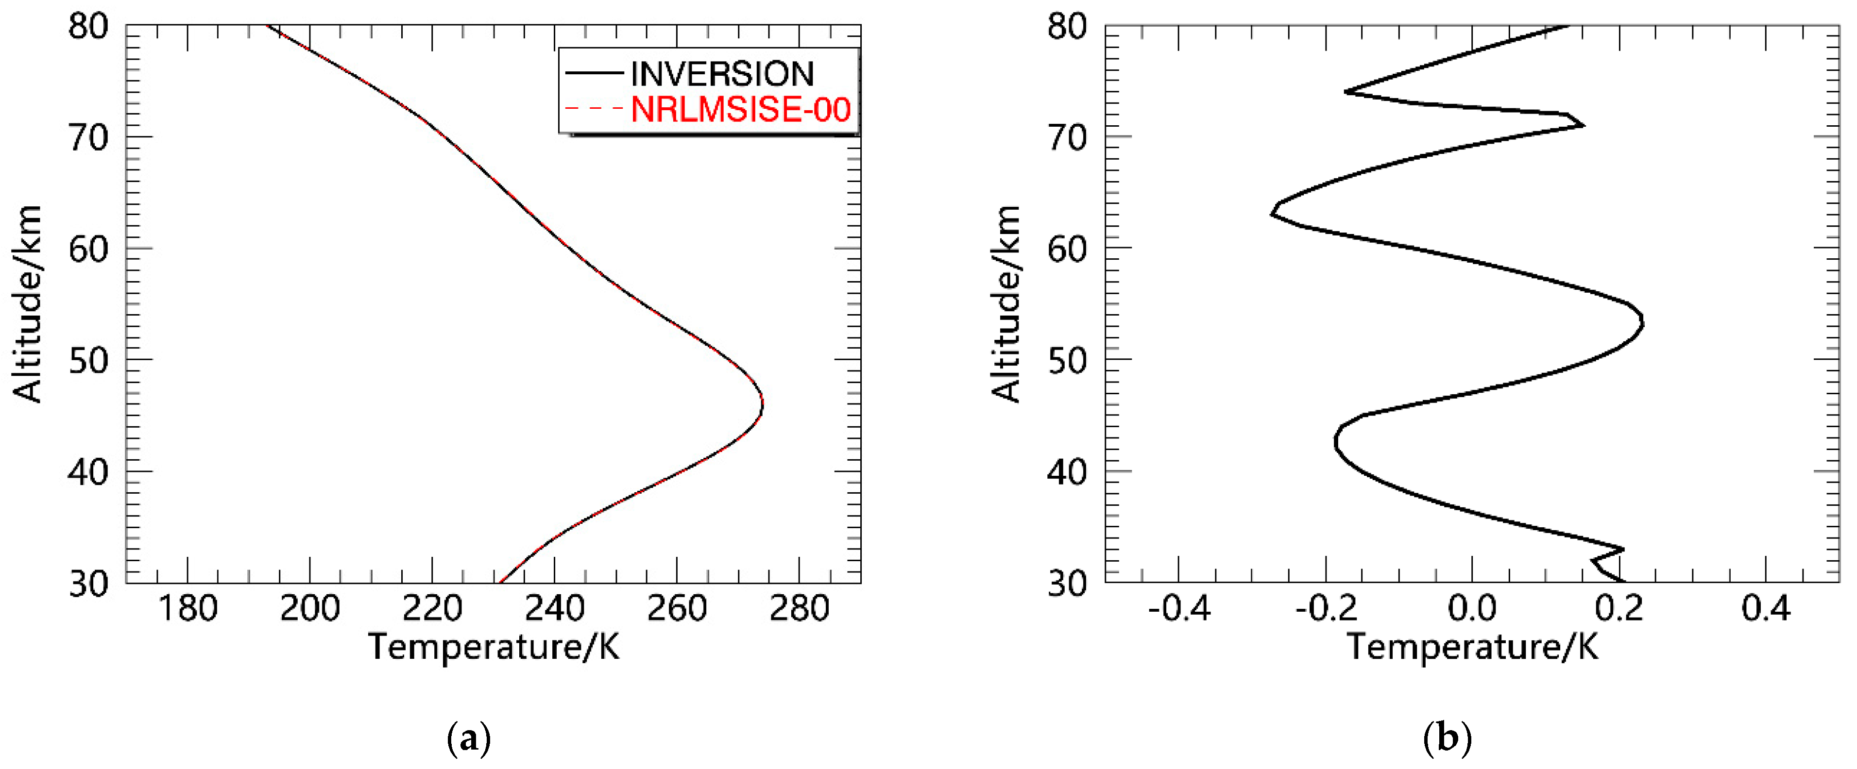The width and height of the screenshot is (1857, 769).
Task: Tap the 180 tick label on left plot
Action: [187, 609]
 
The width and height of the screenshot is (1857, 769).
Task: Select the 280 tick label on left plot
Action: [799, 609]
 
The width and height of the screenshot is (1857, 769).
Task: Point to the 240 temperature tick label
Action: [554, 609]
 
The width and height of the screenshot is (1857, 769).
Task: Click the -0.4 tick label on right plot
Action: [1178, 609]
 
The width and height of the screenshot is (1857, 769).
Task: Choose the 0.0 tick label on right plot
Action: [1471, 609]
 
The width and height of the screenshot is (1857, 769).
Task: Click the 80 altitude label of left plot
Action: [89, 27]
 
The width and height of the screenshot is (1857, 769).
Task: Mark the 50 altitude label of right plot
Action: [1067, 360]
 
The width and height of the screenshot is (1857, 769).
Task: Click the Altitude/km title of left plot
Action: [27, 303]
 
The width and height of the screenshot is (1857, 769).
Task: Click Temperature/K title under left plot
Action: [494, 647]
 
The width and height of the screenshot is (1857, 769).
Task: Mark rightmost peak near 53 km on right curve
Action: [1642, 324]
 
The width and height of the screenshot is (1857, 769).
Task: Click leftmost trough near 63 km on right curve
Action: [1272, 214]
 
